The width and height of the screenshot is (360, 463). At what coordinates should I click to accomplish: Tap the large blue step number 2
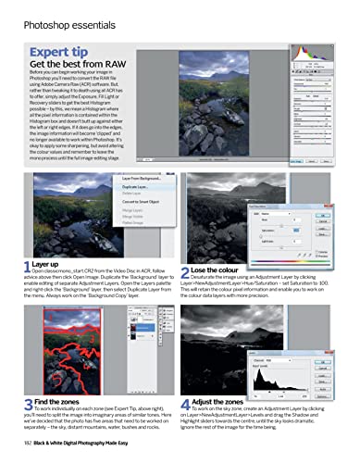(186, 270)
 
